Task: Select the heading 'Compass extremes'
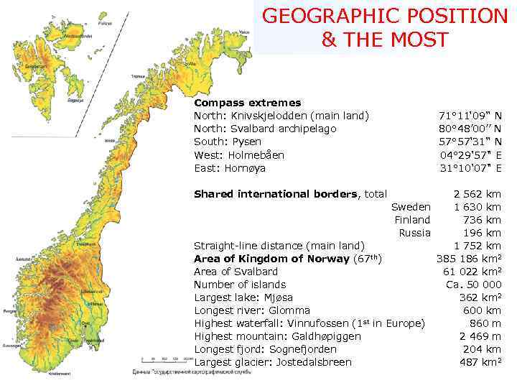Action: [x=247, y=103]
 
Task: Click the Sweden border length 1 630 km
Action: [x=477, y=207]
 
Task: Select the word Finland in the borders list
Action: [x=412, y=220]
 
